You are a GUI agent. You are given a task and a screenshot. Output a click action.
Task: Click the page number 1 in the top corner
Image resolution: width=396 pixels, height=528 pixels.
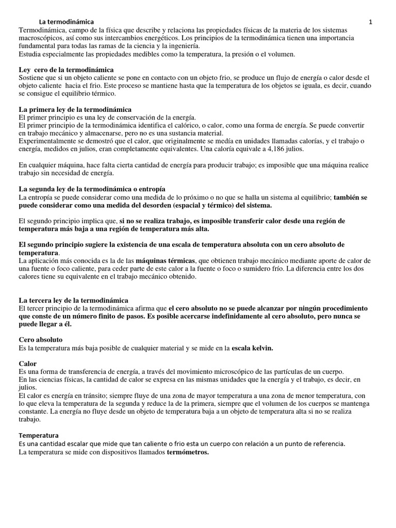(370, 22)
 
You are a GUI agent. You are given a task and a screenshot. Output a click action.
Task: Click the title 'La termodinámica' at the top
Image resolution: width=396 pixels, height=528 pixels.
(67, 22)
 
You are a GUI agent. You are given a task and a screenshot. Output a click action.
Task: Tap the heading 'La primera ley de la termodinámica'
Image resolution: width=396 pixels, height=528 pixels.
(75, 110)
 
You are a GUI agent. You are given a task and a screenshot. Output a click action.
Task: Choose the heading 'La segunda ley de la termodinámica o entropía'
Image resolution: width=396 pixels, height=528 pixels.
(92, 189)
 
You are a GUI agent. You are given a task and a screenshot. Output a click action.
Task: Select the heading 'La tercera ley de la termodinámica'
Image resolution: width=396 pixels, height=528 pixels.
(73, 300)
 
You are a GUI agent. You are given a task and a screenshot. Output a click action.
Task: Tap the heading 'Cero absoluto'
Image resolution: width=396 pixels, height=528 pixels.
(40, 340)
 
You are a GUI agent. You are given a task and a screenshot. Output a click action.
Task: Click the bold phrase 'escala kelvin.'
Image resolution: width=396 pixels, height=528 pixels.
(252, 348)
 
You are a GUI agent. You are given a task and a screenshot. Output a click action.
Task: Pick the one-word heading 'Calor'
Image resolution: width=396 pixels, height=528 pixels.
(28, 364)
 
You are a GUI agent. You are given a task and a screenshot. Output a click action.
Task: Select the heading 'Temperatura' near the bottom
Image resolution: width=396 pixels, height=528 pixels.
(39, 435)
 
